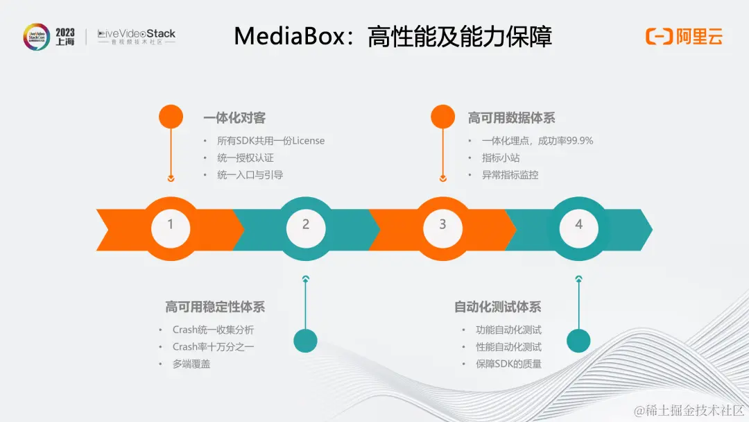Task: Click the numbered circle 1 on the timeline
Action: pyautogui.click(x=171, y=224)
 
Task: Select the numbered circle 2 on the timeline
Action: pyautogui.click(x=306, y=224)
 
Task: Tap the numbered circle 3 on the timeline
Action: pyautogui.click(x=442, y=224)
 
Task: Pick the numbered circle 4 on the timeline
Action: pyautogui.click(x=578, y=224)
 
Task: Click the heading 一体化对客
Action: pyautogui.click(x=234, y=118)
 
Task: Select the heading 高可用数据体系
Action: pyautogui.click(x=511, y=118)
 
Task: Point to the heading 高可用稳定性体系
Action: pyautogui.click(x=215, y=307)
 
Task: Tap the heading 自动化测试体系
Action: pyautogui.click(x=498, y=307)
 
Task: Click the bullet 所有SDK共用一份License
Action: pyautogui.click(x=270, y=141)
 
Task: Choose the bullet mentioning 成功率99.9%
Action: pyautogui.click(x=537, y=141)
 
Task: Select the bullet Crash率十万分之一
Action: pyautogui.click(x=213, y=346)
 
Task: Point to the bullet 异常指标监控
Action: pyautogui.click(x=510, y=175)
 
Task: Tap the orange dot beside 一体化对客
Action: pyautogui.click(x=171, y=117)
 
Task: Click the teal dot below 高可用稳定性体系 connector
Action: pyautogui.click(x=305, y=340)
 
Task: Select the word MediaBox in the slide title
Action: pyautogui.click(x=289, y=36)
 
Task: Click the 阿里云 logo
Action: pyautogui.click(x=684, y=37)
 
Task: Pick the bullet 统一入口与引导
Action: pyautogui.click(x=250, y=175)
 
